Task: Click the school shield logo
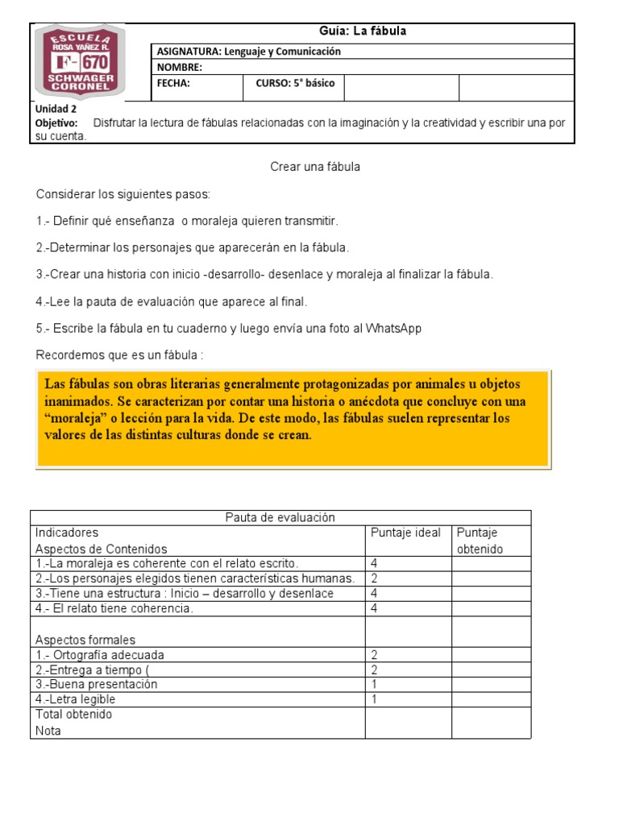tap(79, 63)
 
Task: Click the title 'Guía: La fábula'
tap(363, 31)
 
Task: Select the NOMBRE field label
tap(179, 68)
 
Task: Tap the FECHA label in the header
tap(172, 83)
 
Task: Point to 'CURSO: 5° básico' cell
tap(294, 83)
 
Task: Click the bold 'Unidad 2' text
tap(56, 110)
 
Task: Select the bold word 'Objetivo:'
tap(56, 123)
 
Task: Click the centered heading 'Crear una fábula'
tap(314, 167)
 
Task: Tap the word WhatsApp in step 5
tap(393, 329)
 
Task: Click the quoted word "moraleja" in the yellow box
tap(78, 419)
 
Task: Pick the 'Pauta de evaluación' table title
tap(280, 518)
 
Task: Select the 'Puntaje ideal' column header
tap(405, 533)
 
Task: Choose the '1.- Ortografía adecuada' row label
tap(100, 655)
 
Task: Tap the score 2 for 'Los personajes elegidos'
tap(373, 578)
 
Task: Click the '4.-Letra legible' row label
tap(75, 699)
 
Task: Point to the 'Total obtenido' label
tap(74, 715)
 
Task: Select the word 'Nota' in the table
tap(48, 731)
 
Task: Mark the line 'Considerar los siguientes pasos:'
tap(123, 195)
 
